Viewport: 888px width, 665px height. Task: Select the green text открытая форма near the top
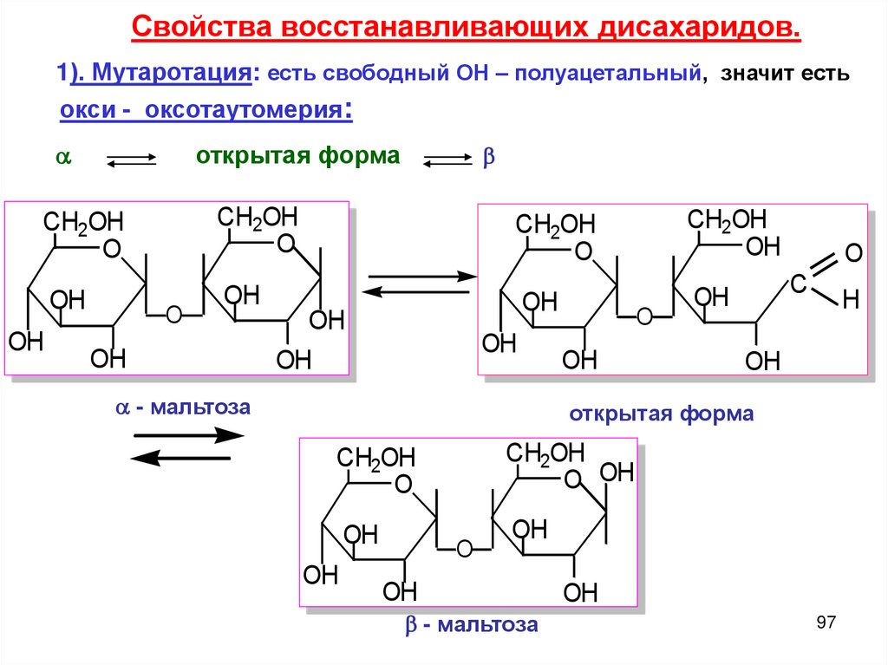(298, 156)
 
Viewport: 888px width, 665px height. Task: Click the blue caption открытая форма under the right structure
(662, 414)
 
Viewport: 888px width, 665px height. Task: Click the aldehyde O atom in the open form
(852, 254)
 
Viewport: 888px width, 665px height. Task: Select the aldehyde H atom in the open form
(850, 302)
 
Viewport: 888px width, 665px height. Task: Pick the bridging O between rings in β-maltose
(464, 548)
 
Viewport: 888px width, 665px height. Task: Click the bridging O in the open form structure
(644, 316)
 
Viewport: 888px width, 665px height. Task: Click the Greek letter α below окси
(62, 159)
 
